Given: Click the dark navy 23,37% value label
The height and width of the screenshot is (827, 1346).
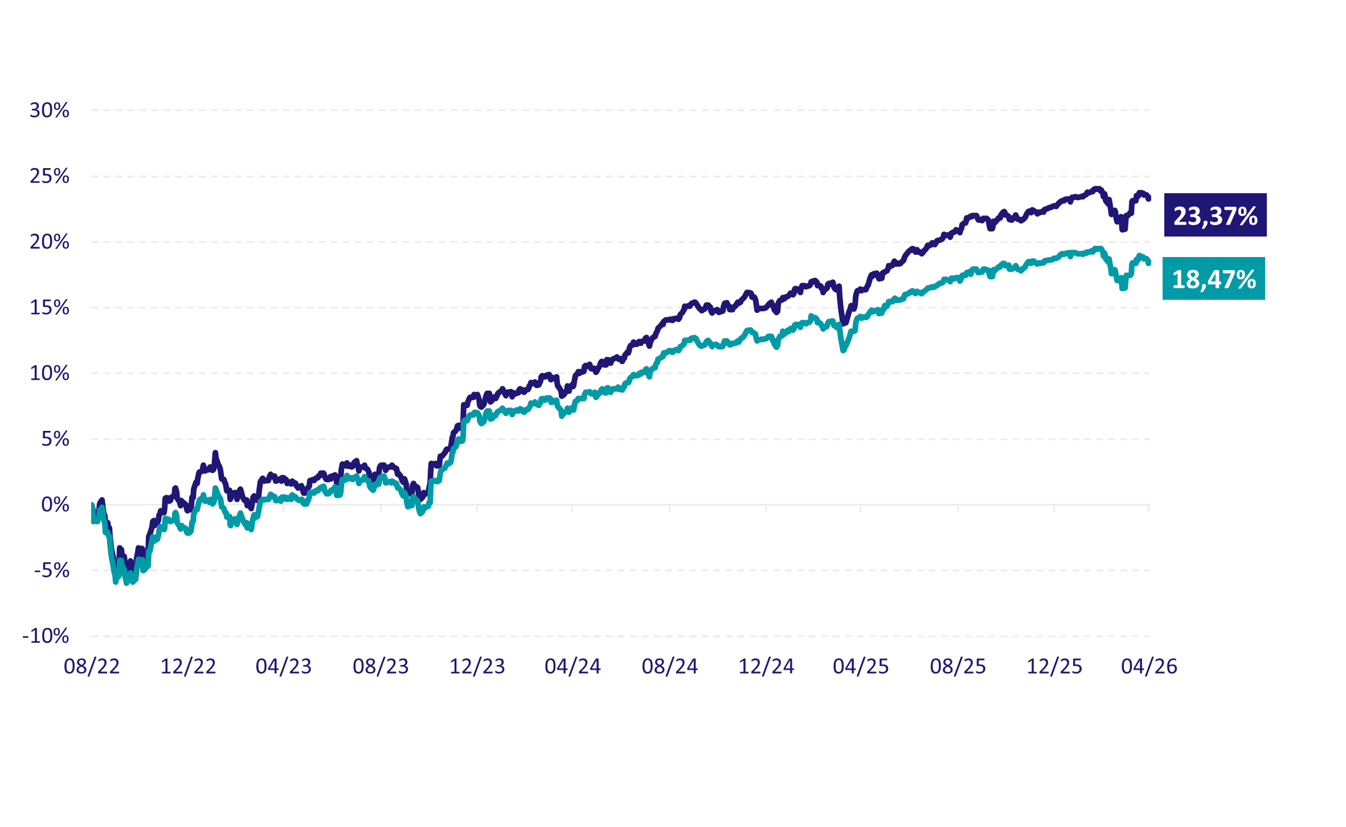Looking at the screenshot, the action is [x=1215, y=215].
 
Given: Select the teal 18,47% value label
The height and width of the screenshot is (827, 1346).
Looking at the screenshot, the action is [x=1214, y=279].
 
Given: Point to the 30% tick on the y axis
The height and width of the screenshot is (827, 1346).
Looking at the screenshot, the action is [x=50, y=111].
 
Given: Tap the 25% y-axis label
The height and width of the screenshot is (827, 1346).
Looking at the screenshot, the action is [x=50, y=176].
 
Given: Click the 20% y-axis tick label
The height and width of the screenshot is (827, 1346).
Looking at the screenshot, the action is [x=50, y=242].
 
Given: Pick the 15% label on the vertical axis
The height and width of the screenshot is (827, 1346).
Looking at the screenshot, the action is [x=50, y=308].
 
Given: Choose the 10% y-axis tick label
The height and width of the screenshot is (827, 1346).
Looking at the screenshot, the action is [x=50, y=373].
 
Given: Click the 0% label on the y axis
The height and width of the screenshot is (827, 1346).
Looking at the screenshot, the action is [x=55, y=505].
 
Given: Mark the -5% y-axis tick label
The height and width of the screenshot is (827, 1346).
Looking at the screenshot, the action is [x=52, y=571].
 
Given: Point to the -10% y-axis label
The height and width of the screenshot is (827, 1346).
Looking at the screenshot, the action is [x=46, y=636].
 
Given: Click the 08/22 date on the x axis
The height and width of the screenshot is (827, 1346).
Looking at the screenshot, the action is [x=92, y=666].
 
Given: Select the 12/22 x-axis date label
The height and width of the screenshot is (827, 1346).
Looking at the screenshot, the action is [x=188, y=666].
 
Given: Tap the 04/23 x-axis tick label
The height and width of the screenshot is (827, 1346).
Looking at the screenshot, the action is [x=284, y=666].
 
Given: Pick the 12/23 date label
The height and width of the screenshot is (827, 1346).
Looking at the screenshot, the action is [x=477, y=666].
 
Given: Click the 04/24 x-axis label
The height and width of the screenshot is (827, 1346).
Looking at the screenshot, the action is [x=572, y=666].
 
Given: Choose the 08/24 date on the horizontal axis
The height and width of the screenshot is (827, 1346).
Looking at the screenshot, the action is [x=670, y=666].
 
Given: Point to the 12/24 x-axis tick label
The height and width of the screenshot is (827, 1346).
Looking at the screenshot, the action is [x=766, y=666].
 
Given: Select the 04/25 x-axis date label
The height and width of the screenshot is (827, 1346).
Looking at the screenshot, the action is [x=861, y=666].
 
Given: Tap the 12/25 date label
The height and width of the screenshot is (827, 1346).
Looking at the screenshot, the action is [x=1054, y=666].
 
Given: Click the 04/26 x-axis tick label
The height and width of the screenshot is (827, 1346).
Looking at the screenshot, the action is [x=1149, y=666].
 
